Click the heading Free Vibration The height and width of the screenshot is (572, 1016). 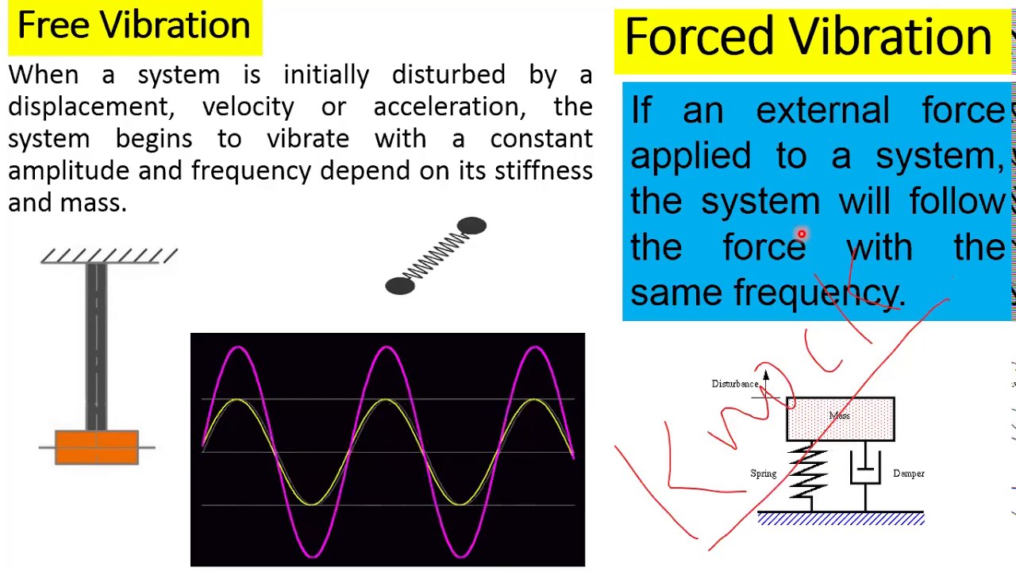[133, 25]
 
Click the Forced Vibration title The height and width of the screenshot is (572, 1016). [808, 37]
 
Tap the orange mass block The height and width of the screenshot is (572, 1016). [97, 446]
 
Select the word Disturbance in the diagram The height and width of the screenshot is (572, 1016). [735, 384]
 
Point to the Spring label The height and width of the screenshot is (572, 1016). [763, 473]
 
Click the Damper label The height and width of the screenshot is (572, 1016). [908, 473]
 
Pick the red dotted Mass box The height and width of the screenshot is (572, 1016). [840, 418]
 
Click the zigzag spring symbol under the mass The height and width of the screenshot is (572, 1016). [808, 474]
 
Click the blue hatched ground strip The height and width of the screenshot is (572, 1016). [841, 519]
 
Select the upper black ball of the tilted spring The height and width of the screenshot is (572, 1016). [471, 227]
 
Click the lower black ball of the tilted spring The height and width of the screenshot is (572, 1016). [400, 286]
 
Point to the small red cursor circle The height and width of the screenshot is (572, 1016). [802, 234]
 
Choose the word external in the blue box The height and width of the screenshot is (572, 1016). [822, 110]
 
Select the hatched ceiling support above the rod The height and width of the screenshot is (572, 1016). [109, 255]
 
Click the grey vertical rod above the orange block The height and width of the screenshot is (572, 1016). [96, 342]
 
